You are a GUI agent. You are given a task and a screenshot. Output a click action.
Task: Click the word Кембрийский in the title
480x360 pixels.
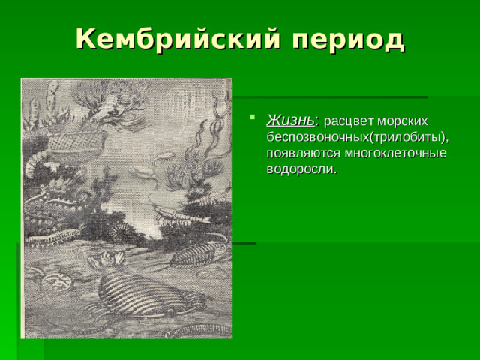click(176, 39)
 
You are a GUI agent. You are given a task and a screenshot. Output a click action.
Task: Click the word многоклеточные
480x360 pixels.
click(397, 153)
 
